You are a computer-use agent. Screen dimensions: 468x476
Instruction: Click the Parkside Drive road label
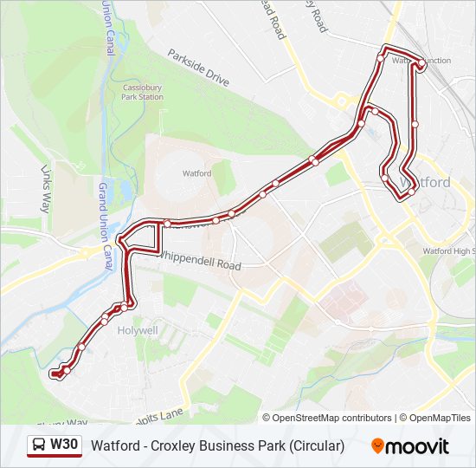pos(198,68)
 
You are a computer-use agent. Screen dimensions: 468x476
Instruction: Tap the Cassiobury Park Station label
pos(142,93)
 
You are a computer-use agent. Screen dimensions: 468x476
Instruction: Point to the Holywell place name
pos(138,330)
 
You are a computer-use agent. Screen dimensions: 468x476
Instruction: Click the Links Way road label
pos(46,189)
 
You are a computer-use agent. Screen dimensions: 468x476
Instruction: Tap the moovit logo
pos(410,446)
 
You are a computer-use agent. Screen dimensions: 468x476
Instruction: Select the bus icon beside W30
pos(40,446)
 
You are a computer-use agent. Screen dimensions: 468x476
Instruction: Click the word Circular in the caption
pos(317,446)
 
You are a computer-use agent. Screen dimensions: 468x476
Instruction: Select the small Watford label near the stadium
pos(196,173)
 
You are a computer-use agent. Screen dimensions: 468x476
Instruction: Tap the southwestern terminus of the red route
pos(54,374)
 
